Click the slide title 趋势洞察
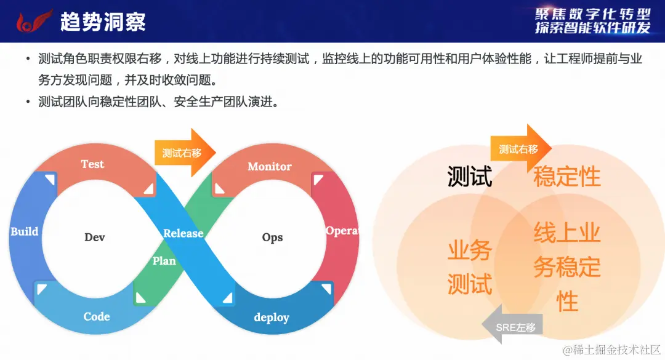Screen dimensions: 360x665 point(103,22)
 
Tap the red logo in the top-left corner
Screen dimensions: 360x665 point(31,22)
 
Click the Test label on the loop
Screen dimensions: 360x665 point(92,164)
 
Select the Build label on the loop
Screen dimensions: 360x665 point(25,232)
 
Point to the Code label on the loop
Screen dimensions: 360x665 point(97,317)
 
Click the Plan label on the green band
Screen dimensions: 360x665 point(164,261)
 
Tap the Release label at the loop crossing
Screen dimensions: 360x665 point(183,233)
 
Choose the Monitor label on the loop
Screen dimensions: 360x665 point(269,167)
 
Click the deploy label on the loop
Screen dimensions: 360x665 point(272,318)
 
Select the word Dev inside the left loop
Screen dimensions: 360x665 point(95,238)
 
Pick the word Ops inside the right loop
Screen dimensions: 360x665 point(272,238)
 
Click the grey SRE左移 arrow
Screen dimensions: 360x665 point(513,327)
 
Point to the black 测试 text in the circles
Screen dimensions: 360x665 point(470,177)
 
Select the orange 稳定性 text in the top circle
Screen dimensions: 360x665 point(566,177)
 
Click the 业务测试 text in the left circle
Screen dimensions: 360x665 point(470,268)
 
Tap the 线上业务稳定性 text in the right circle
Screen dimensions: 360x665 point(566,268)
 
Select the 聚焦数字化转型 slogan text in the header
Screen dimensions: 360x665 point(592,14)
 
